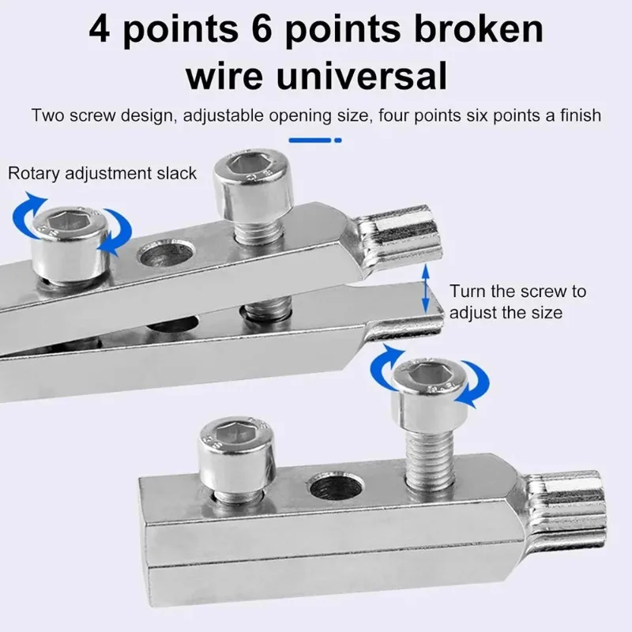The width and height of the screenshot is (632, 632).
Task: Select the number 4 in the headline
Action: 100,29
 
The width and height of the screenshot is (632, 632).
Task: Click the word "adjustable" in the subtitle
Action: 224,115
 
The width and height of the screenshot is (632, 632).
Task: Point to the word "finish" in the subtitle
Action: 581,115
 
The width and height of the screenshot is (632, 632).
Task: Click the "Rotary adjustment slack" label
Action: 102,174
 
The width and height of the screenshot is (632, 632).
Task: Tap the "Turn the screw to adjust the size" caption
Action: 517,302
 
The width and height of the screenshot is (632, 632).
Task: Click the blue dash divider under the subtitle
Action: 315,141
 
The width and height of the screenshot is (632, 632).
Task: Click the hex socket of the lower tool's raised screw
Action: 428,373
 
